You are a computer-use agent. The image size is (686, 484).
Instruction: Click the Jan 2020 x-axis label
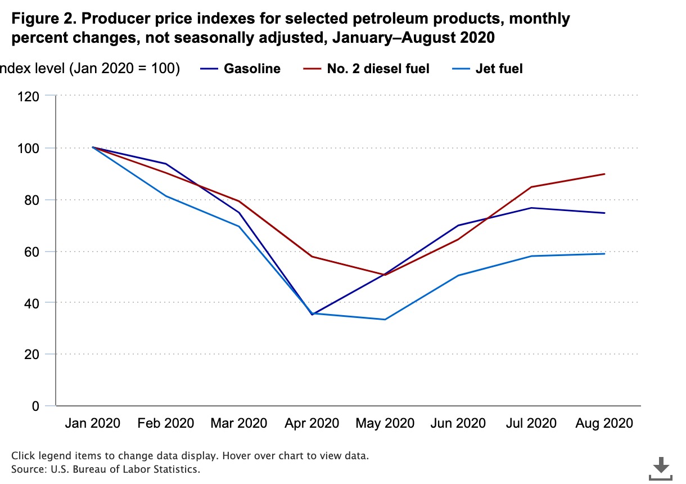[93, 423]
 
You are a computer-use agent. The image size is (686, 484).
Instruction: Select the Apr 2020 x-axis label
[312, 423]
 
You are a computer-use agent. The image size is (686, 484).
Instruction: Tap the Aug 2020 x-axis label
[604, 423]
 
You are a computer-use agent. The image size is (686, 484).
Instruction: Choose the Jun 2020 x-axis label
[458, 423]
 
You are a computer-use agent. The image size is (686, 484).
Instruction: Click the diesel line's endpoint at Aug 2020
[604, 174]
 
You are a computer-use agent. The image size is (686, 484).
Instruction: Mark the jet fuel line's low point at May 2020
[385, 320]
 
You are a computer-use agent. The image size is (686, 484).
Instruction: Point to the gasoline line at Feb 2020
[166, 164]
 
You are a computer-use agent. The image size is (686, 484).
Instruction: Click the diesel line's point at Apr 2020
[312, 257]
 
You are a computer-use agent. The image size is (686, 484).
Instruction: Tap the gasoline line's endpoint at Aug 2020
[604, 213]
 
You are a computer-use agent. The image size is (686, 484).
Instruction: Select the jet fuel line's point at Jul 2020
[531, 256]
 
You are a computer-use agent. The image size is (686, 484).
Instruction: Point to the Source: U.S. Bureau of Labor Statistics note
[106, 469]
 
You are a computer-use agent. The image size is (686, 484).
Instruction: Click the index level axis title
[90, 69]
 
